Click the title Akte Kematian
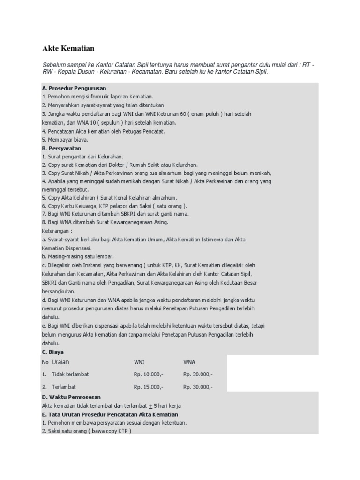pos(68,48)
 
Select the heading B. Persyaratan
pos(62,148)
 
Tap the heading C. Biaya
pos(52,352)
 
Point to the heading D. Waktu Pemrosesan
pos(71,397)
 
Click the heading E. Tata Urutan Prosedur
pos(110,414)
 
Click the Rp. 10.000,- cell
pos(149,375)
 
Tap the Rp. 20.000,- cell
pos(198,375)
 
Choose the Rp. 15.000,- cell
pos(149,387)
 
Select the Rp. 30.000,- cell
pos(198,387)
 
